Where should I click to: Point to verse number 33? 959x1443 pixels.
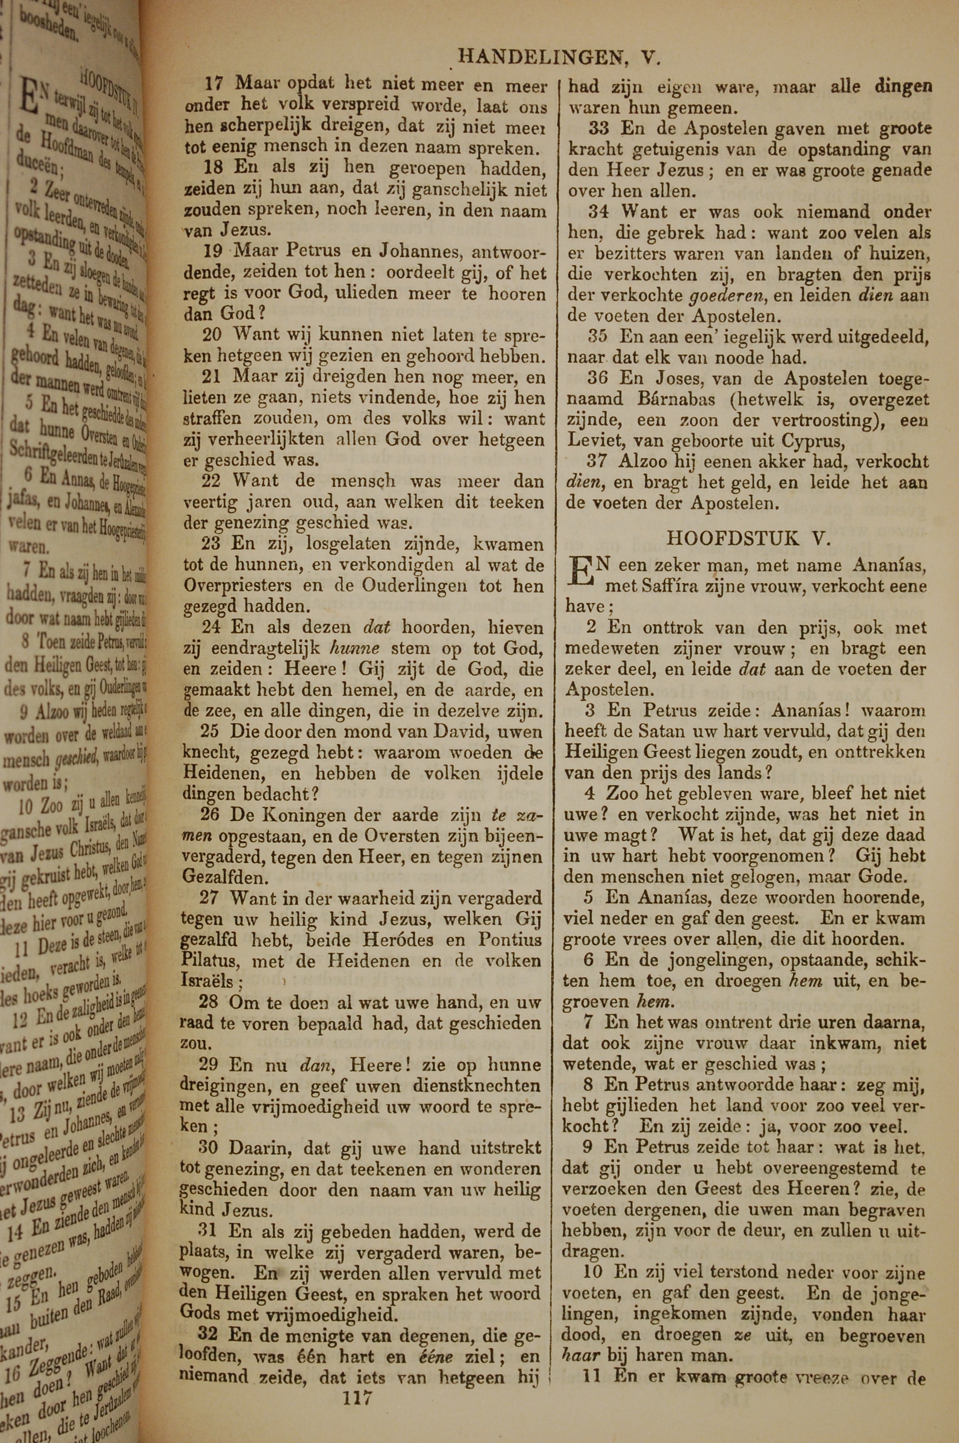click(x=600, y=129)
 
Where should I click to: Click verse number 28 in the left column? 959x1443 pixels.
click(x=211, y=1003)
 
